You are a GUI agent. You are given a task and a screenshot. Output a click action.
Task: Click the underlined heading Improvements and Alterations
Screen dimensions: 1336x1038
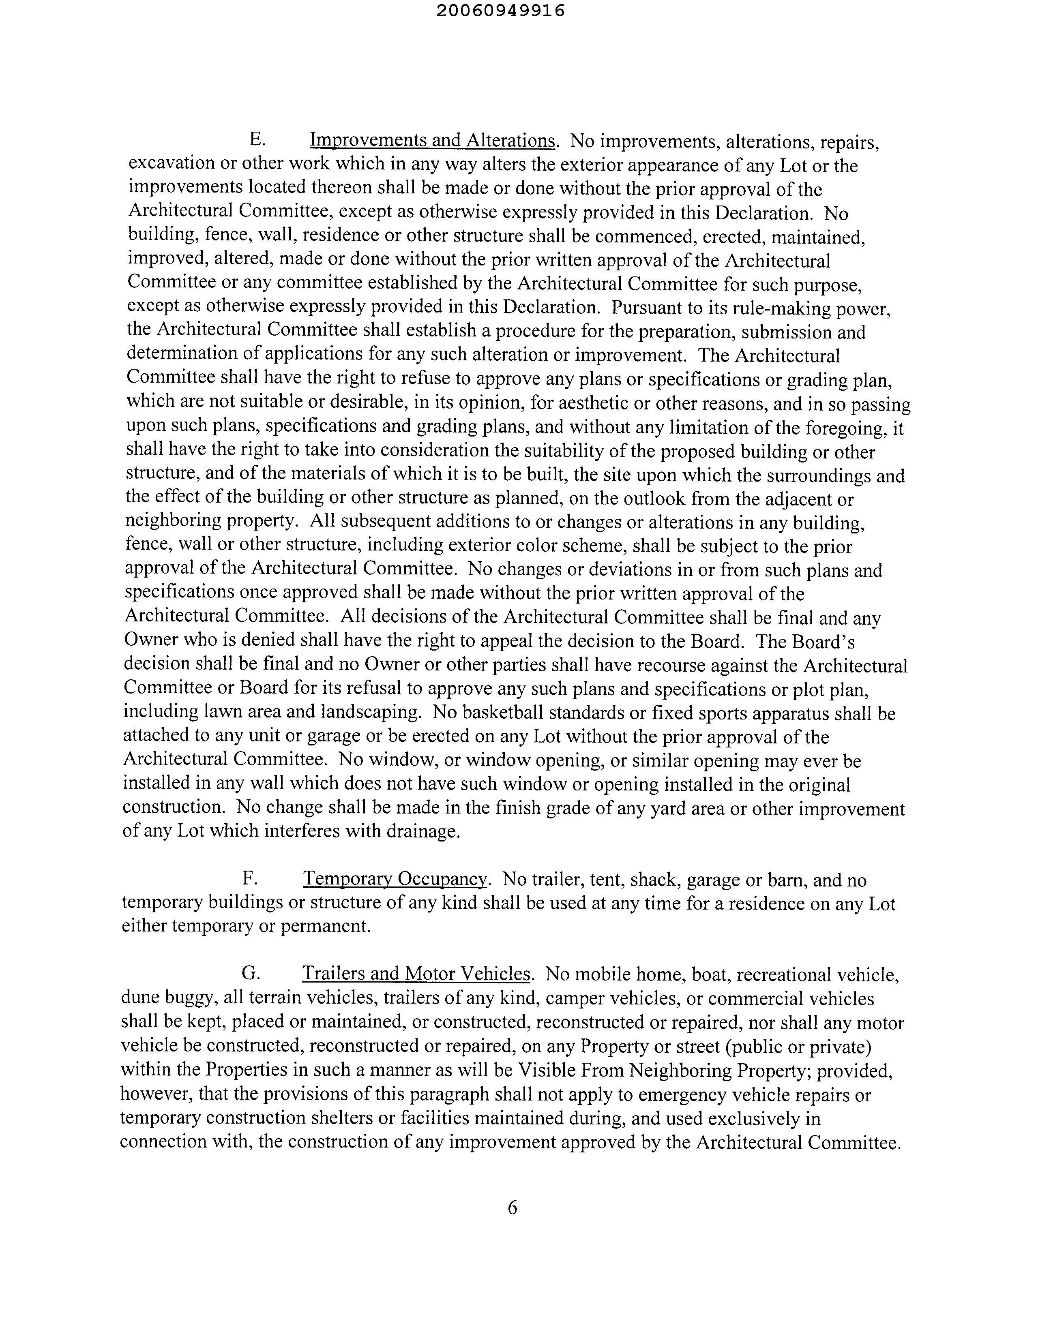pyautogui.click(x=432, y=141)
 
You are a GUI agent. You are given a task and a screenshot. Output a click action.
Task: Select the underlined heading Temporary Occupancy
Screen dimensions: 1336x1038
pyautogui.click(x=395, y=879)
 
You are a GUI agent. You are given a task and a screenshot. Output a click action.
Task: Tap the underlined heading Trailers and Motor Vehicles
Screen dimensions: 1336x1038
pyautogui.click(x=416, y=974)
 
